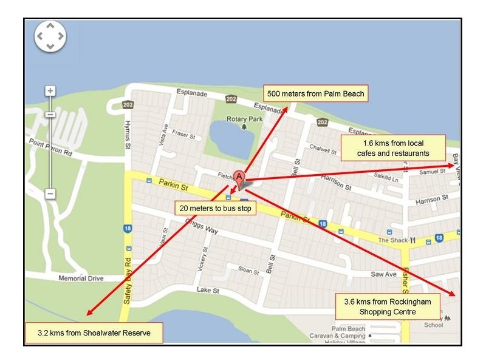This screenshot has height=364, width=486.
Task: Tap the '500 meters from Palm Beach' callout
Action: (315, 93)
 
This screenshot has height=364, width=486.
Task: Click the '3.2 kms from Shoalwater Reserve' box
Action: (94, 333)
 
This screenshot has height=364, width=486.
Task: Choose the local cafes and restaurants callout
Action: (392, 148)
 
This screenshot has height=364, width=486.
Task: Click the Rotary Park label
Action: (244, 119)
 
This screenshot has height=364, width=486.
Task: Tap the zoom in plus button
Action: (50, 91)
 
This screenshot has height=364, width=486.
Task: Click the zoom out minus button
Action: (50, 194)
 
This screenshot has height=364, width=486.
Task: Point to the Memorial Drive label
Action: (81, 278)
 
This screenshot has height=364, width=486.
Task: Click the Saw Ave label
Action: (383, 274)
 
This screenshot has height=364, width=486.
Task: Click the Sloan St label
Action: (248, 270)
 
